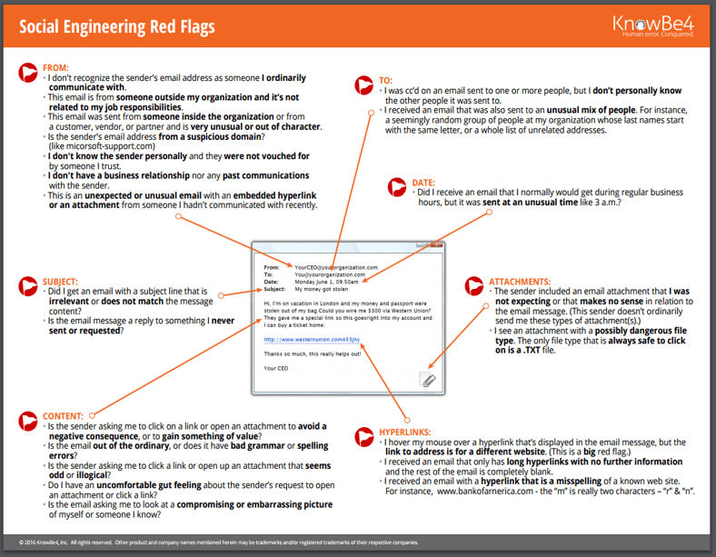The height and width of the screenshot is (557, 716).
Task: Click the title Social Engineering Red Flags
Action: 117,26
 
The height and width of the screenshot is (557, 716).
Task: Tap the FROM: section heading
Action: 55,68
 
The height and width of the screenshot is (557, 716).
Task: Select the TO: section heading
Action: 385,81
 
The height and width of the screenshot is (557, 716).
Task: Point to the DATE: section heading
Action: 424,183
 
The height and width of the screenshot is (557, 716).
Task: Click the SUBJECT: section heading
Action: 60,282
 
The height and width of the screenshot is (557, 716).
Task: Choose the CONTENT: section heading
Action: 63,416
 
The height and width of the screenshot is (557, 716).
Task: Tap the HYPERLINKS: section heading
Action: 406,432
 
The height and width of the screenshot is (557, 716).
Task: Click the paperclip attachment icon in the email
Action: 428,380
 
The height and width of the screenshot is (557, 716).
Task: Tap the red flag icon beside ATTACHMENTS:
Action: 476,288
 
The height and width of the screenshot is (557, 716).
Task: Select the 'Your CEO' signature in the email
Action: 276,368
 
